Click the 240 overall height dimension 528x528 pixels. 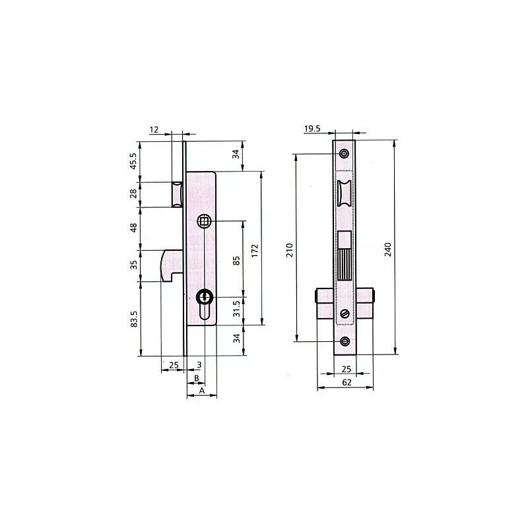click(x=388, y=249)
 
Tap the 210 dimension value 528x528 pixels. click(x=290, y=250)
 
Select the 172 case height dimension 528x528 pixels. click(x=255, y=251)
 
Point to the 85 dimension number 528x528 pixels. click(x=236, y=261)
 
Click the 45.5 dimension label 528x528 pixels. click(x=133, y=161)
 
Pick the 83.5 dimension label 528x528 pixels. click(x=134, y=319)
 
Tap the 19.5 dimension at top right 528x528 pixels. click(x=312, y=129)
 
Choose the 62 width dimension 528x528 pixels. click(x=346, y=383)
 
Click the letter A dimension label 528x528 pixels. click(x=202, y=391)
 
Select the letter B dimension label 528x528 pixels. click(x=197, y=378)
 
